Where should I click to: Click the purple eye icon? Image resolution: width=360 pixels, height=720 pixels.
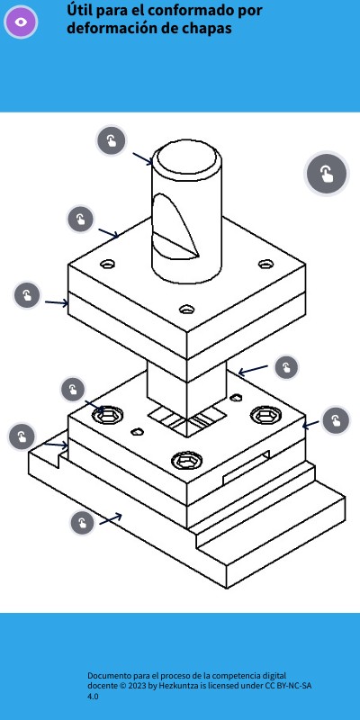(21, 22)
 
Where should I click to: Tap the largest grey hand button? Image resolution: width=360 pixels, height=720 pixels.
(327, 174)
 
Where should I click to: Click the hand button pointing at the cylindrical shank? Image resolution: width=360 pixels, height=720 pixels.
(112, 140)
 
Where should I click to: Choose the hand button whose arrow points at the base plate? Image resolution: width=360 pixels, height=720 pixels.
(83, 523)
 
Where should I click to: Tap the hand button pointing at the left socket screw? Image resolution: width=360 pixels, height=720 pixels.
(73, 390)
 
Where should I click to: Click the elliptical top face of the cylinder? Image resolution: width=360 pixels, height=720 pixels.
(186, 158)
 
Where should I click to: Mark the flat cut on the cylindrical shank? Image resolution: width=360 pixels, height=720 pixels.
(175, 227)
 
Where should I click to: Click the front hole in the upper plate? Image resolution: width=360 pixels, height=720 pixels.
(186, 309)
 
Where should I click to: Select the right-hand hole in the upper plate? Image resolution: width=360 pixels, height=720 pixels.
(265, 264)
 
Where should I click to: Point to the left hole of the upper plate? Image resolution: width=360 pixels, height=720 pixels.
(107, 264)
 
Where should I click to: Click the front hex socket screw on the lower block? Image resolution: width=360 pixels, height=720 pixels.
(187, 460)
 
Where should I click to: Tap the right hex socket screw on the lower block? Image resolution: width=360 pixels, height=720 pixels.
(266, 415)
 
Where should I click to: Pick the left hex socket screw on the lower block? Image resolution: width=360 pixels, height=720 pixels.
(107, 415)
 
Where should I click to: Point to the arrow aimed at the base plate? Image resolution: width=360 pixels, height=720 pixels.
(111, 519)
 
